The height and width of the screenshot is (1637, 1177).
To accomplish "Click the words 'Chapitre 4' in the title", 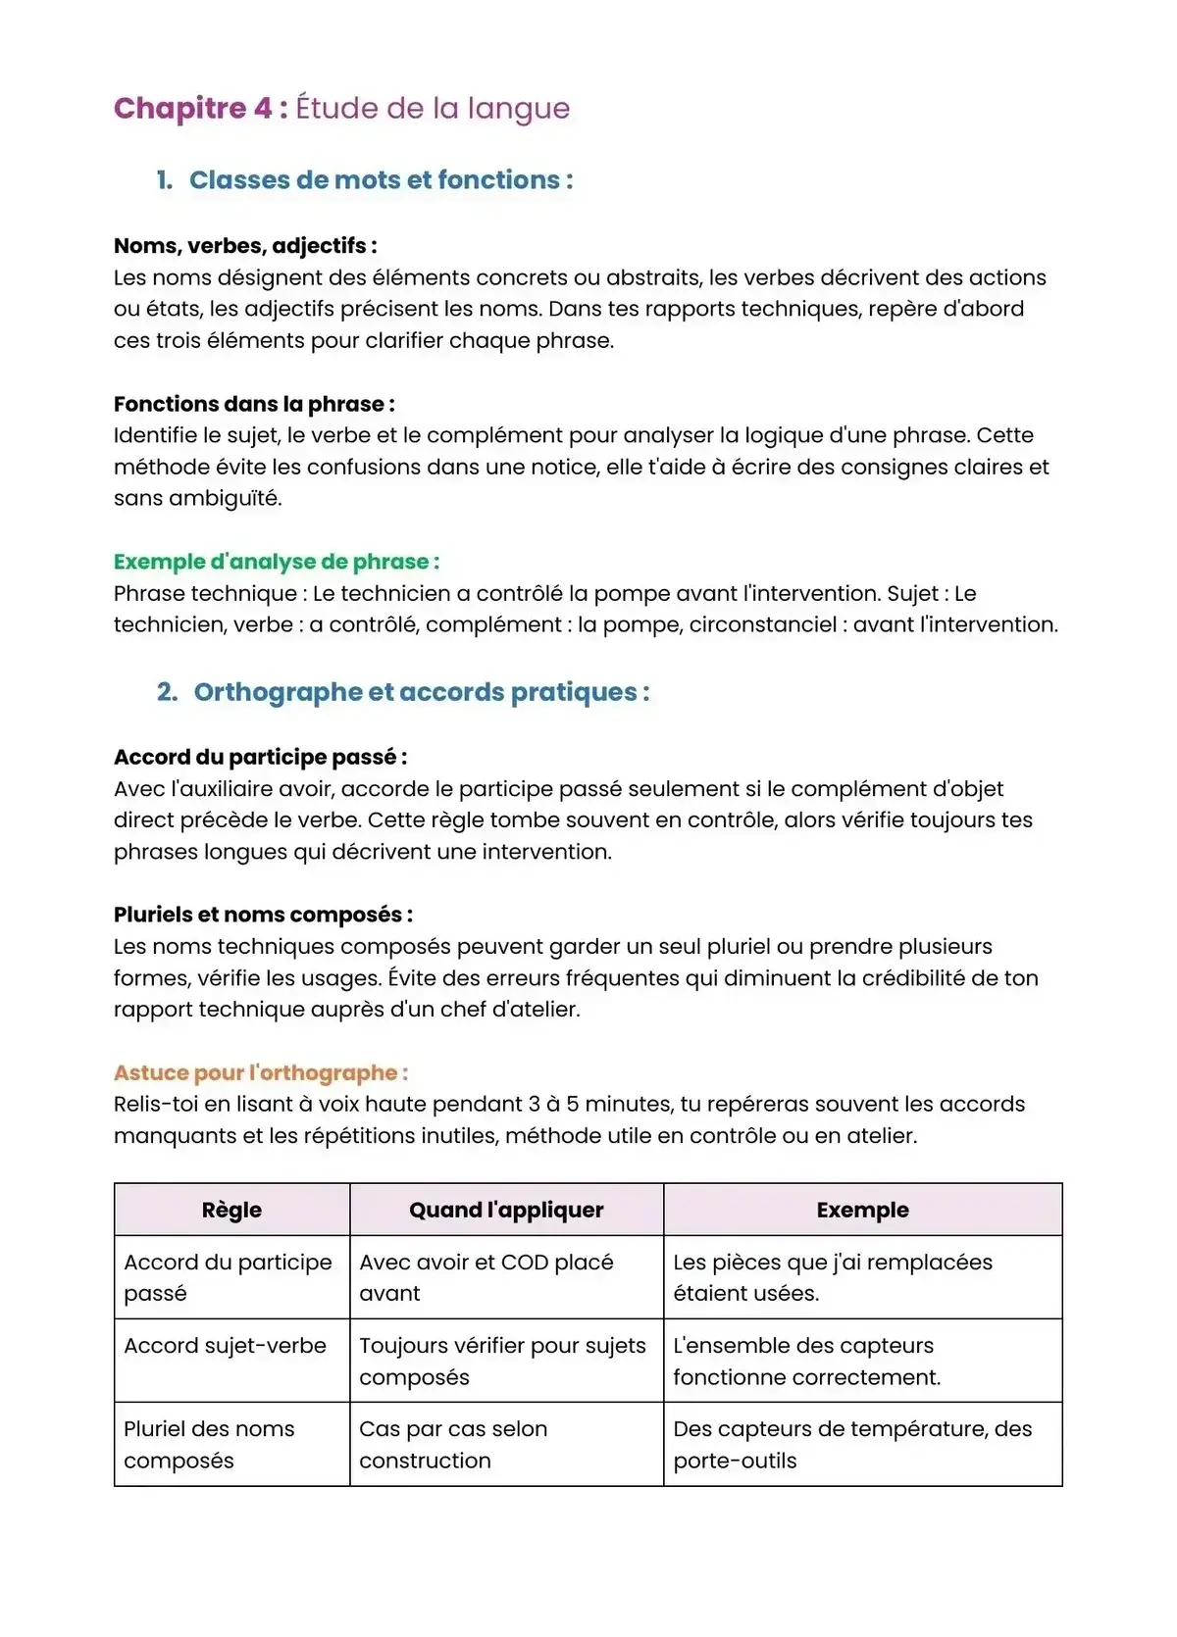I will point(193,108).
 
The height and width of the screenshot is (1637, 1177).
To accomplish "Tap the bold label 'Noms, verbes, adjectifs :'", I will point(245,246).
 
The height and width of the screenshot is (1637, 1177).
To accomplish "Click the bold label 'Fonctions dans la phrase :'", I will point(254,404).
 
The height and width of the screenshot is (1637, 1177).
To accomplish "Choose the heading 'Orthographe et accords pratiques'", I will point(421,692).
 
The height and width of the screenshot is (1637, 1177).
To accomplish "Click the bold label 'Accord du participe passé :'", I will point(260,757).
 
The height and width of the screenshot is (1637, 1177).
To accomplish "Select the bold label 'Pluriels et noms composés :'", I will point(263,915).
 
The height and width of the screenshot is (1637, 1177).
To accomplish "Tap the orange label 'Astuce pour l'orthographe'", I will point(261,1072).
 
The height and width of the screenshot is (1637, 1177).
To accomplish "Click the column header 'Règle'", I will point(231,1210).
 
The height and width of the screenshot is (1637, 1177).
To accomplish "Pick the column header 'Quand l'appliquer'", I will point(506,1210).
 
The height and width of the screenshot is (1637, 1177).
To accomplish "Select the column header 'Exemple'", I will point(862,1210).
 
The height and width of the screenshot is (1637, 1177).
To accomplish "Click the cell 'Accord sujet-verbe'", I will point(225,1346).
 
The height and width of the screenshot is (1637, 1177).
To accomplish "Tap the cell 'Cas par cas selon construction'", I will point(453,1444).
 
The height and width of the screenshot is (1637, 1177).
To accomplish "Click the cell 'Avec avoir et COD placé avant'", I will point(486,1277).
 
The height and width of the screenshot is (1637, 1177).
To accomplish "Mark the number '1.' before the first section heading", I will point(165,180).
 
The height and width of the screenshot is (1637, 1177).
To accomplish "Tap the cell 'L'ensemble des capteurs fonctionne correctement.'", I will point(806,1362).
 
